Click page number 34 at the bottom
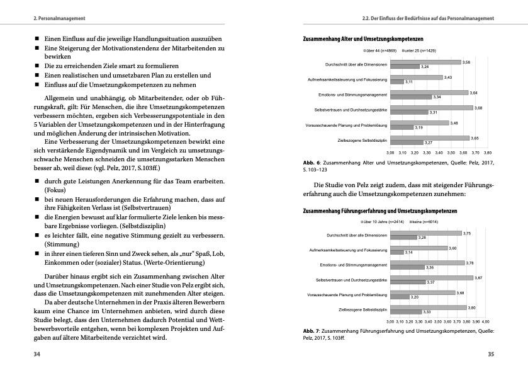(x=37, y=354)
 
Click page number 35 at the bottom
(x=491, y=354)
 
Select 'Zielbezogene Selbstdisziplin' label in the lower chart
(x=363, y=309)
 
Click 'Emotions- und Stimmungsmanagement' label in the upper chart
(x=353, y=95)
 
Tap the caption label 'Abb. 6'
(x=312, y=162)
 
